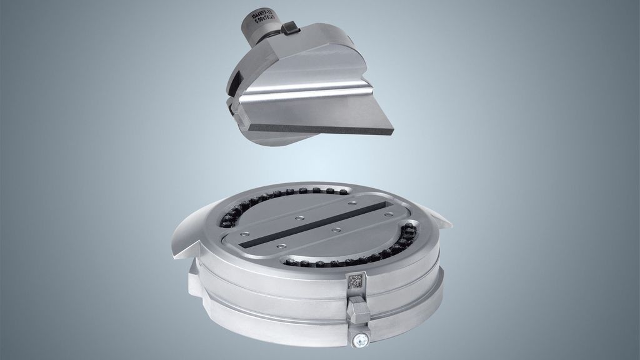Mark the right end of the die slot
388,202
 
